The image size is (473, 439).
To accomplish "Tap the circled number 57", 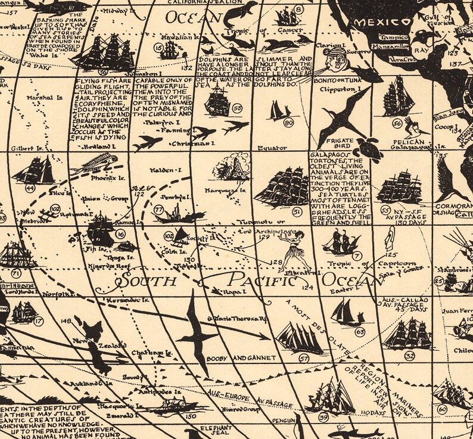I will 304,358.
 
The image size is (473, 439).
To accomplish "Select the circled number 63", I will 360,331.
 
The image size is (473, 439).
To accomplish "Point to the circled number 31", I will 297,211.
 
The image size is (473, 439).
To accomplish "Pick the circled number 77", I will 158,210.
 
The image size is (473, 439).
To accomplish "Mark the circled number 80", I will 289,123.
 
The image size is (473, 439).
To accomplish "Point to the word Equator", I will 272,148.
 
